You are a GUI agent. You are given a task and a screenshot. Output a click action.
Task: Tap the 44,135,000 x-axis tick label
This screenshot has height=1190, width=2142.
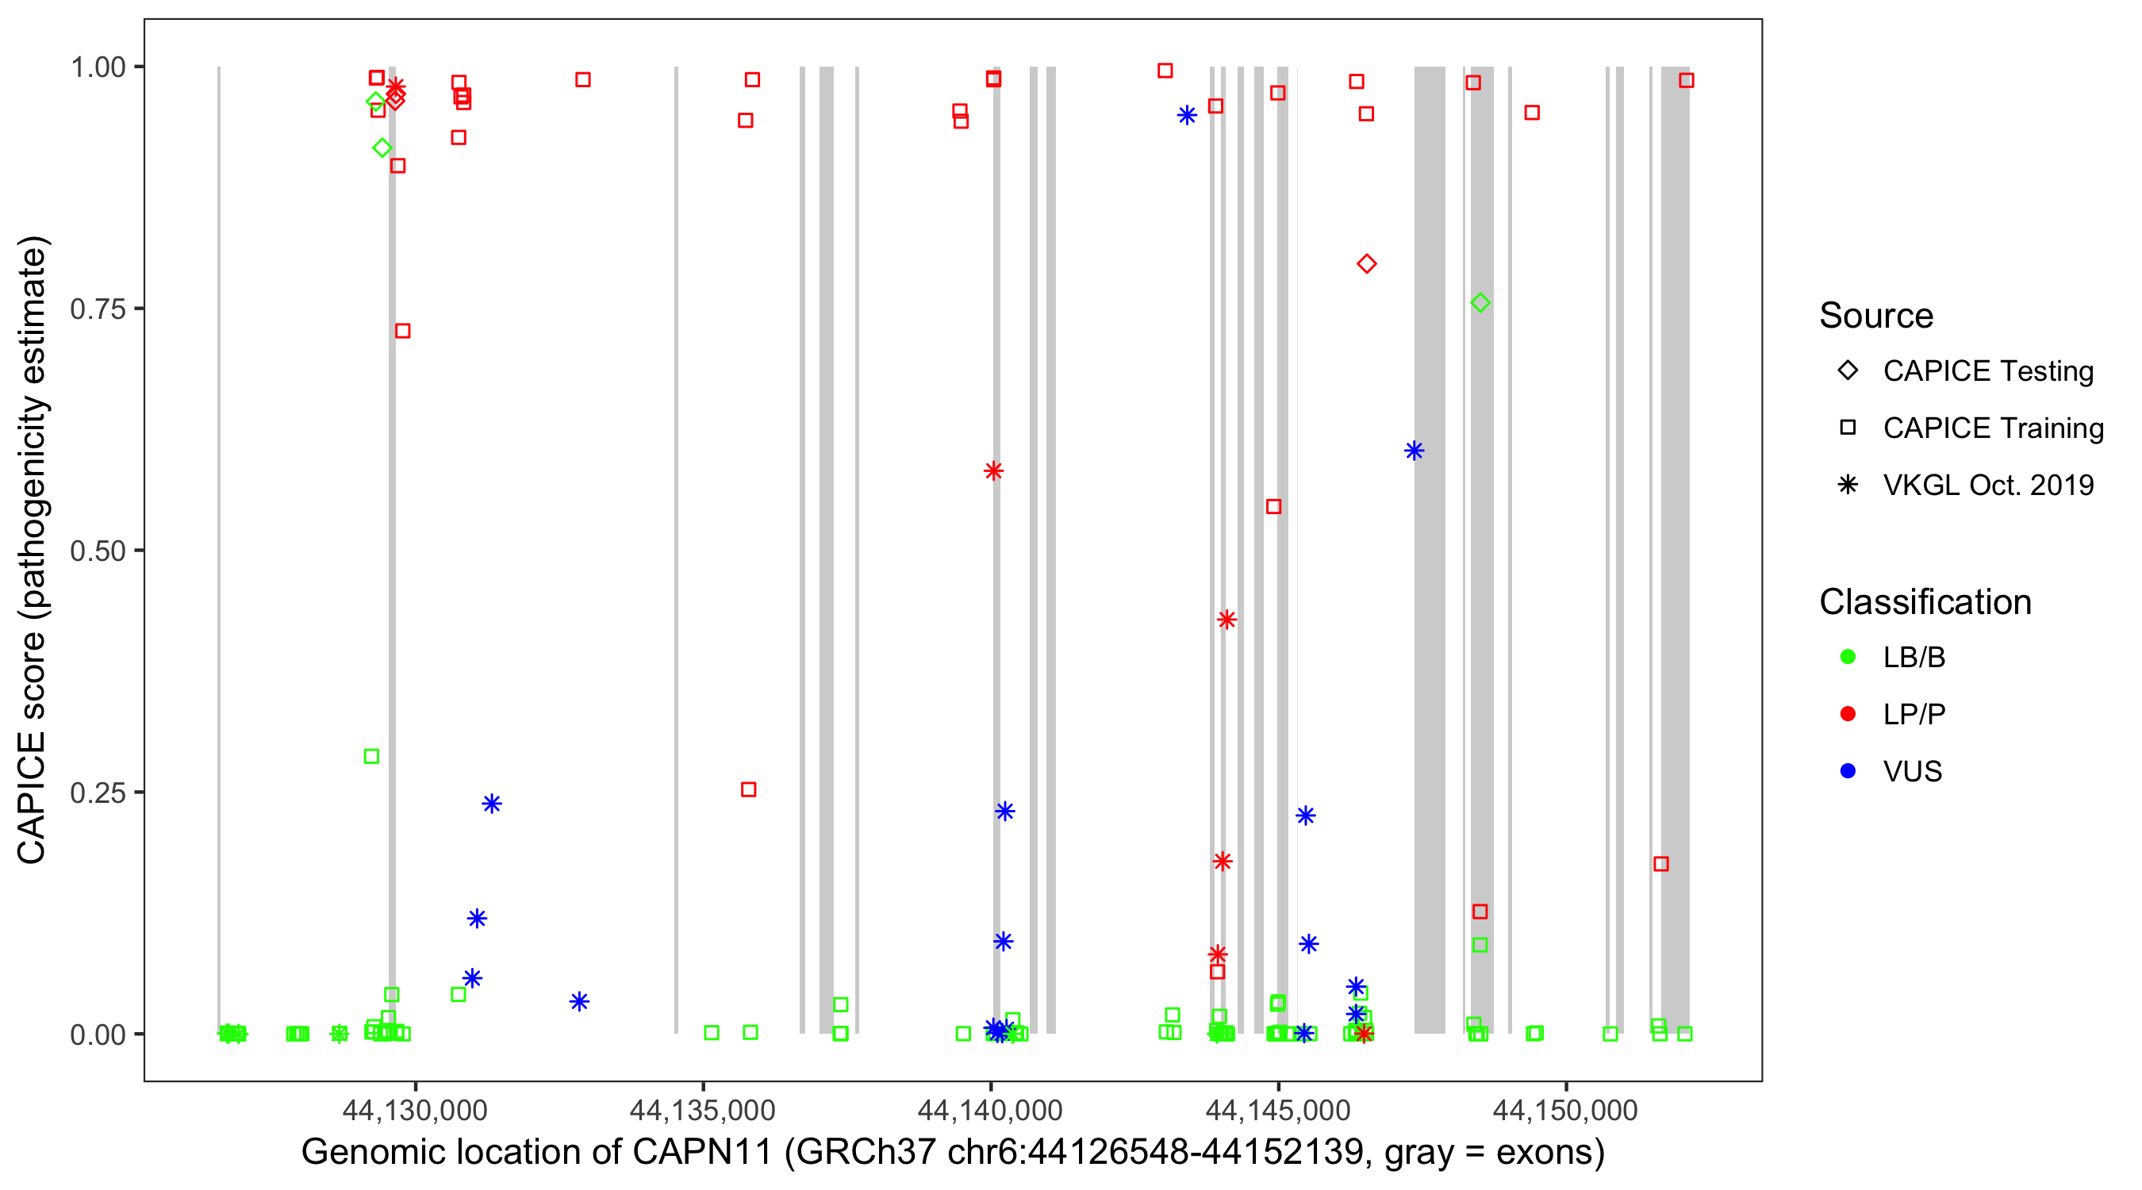(702, 1109)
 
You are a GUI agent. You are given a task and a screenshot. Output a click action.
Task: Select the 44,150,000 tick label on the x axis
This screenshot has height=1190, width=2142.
(1565, 1109)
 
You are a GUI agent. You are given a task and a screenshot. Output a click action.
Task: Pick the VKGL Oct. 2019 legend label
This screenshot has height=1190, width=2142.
(1988, 485)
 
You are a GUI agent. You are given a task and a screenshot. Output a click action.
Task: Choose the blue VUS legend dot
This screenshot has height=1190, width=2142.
(1848, 771)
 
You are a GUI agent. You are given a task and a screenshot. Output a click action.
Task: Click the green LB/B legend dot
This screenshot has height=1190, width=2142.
(1848, 657)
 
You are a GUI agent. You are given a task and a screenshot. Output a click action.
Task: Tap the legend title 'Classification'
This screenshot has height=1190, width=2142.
(1925, 601)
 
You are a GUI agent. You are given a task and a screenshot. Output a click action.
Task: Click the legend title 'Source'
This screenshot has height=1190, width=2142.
(1876, 315)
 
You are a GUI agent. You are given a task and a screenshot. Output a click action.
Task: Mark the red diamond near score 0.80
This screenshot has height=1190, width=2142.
(1366, 263)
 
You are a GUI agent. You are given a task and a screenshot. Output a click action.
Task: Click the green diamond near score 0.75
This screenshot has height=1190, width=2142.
(1480, 303)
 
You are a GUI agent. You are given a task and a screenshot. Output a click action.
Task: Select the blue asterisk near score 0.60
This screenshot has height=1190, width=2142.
(1414, 451)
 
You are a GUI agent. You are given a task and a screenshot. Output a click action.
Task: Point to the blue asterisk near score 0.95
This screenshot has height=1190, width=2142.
(1187, 115)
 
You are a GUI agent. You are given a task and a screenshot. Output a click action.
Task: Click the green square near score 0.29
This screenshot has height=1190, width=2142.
(372, 756)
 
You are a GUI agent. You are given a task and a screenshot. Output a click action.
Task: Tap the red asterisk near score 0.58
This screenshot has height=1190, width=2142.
(992, 470)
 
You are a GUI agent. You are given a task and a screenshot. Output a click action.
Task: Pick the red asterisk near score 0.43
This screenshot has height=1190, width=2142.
(1226, 620)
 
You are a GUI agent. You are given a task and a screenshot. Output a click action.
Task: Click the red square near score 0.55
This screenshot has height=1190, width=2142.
(1273, 506)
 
